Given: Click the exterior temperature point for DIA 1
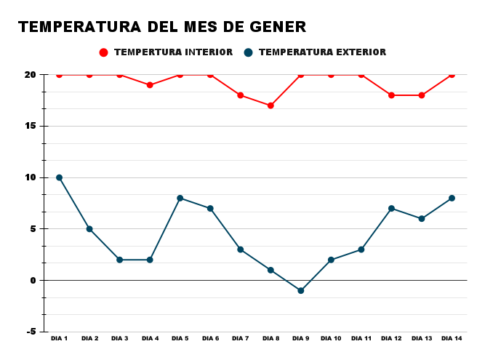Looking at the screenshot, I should (60, 177).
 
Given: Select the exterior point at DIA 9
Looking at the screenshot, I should (300, 290).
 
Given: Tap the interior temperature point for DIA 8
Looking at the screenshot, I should (270, 105).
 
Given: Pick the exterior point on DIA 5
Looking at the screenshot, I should (180, 198).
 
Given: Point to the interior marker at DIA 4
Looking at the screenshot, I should (150, 85).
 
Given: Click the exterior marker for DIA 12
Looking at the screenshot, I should (391, 209).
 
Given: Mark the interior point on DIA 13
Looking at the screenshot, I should (422, 95).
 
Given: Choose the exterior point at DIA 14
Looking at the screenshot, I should (452, 198).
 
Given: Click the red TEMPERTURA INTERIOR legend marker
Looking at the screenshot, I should (103, 52).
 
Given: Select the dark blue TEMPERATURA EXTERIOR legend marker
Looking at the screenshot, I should (248, 52).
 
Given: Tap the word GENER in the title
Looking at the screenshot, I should (276, 27).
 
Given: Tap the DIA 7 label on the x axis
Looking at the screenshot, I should (241, 338).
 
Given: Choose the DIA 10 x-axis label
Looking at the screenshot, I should (331, 338).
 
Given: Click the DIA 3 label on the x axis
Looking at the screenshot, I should (120, 338).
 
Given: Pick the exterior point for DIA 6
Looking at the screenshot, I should (210, 209).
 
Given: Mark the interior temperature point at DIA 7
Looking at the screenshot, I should (241, 95).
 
